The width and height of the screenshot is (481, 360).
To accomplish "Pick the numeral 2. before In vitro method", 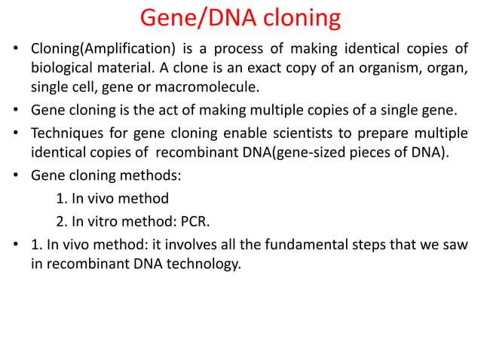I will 61,222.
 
